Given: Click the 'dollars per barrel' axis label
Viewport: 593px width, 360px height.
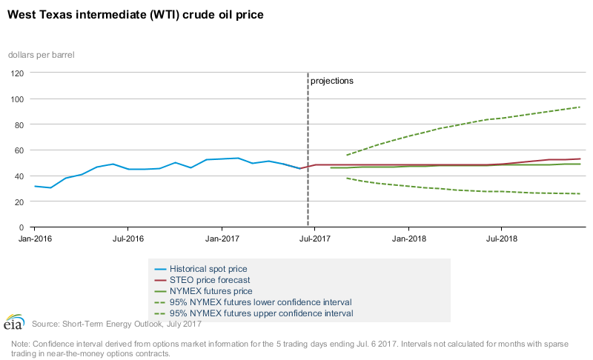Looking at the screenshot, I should (41, 55).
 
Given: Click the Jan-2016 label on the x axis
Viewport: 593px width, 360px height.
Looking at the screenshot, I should (34, 239).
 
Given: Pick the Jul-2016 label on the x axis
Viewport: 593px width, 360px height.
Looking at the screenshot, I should (127, 239).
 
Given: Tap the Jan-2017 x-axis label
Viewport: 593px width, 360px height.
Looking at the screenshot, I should (221, 239).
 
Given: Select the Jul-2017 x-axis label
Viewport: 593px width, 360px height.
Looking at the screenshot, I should (314, 239).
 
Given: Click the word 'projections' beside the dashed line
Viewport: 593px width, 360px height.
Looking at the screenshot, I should (331, 81).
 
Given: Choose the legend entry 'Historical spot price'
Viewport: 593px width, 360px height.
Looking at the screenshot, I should (208, 268).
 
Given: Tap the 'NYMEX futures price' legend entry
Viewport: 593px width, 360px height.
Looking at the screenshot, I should (211, 291).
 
